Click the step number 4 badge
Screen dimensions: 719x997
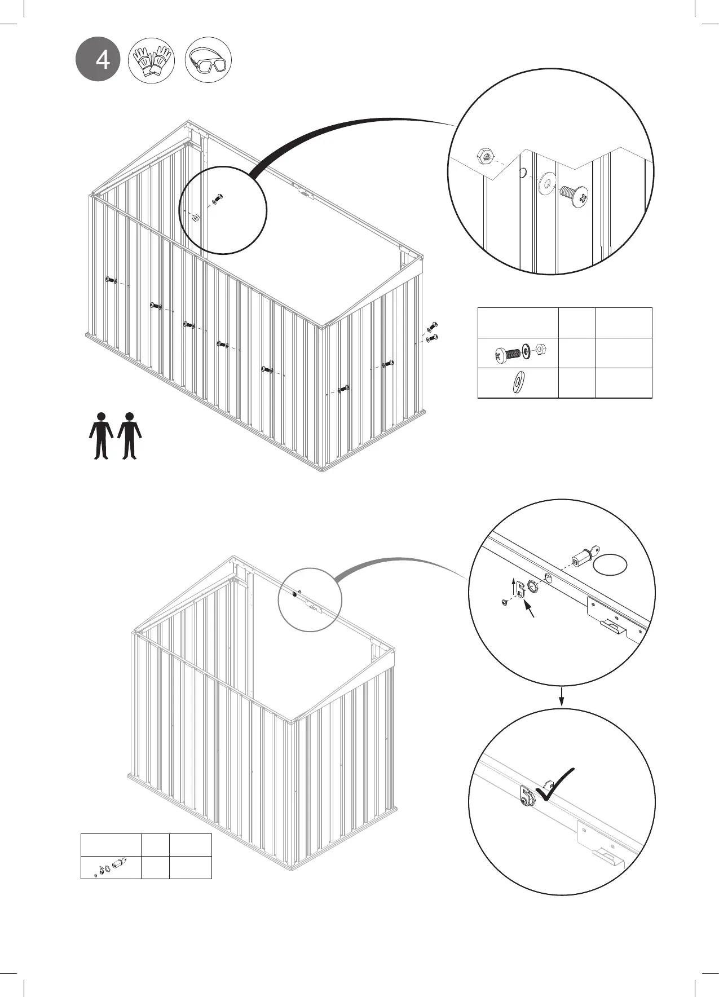pyautogui.click(x=99, y=59)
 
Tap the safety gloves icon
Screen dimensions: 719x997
pyautogui.click(x=151, y=60)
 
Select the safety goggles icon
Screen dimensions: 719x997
pyautogui.click(x=208, y=60)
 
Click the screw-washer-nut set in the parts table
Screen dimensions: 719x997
pyautogui.click(x=518, y=353)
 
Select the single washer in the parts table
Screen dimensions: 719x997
pyautogui.click(x=517, y=383)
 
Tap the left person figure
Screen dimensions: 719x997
pyautogui.click(x=101, y=435)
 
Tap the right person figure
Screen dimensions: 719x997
pyautogui.click(x=130, y=435)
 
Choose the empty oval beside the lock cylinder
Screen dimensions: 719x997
pyautogui.click(x=612, y=564)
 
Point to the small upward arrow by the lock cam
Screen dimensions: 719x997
pyautogui.click(x=514, y=586)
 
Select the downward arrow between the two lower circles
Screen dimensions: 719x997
pyautogui.click(x=562, y=696)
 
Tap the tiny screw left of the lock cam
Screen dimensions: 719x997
pyautogui.click(x=504, y=603)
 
